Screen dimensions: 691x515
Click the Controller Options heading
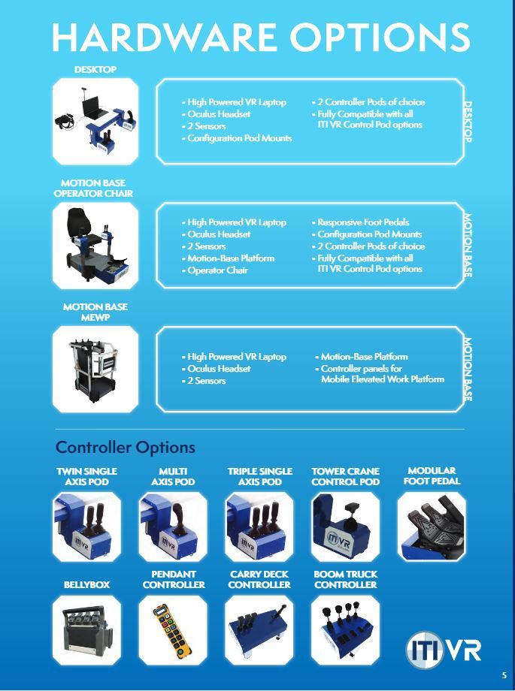[126, 448]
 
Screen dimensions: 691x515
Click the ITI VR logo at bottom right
[444, 647]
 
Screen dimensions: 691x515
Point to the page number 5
[504, 674]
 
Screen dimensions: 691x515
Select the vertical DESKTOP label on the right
[467, 121]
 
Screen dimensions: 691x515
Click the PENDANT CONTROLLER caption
[173, 579]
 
